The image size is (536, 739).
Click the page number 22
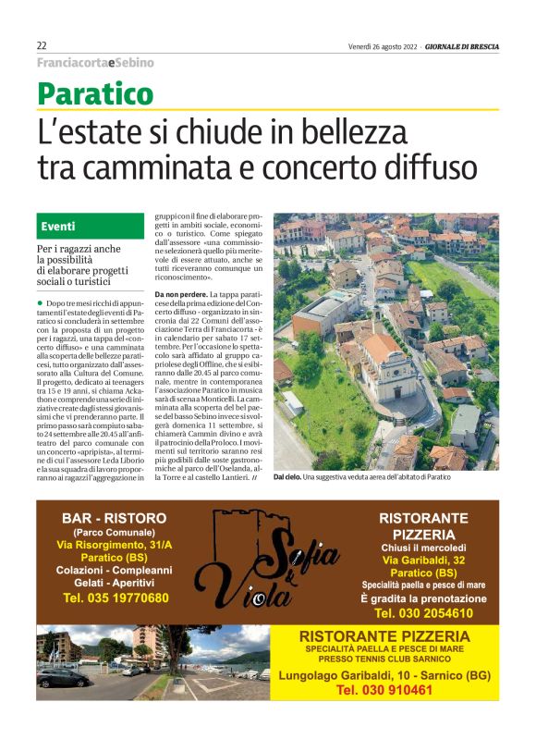43,45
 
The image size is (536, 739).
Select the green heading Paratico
95,92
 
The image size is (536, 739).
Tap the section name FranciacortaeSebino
95,63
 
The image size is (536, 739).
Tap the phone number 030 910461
385,690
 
